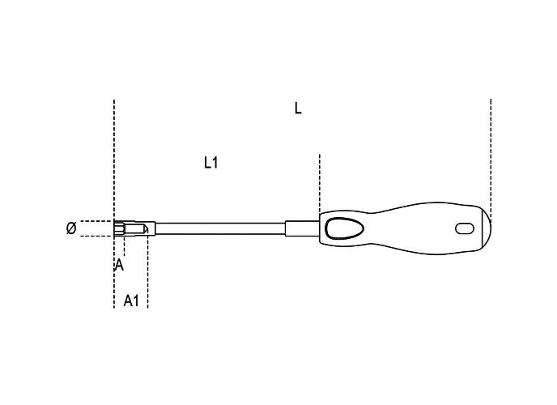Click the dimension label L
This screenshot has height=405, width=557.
(x=298, y=108)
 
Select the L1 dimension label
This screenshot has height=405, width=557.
(x=211, y=163)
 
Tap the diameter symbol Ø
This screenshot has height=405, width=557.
(x=71, y=228)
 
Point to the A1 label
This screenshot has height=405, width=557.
(x=131, y=301)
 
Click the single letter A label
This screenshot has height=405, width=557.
(x=119, y=265)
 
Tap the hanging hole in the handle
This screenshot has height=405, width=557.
(x=465, y=228)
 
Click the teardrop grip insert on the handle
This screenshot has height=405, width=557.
(x=344, y=228)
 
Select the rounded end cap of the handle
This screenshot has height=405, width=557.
(x=484, y=228)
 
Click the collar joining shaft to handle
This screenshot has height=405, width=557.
(x=302, y=228)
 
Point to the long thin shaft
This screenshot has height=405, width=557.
(x=220, y=228)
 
